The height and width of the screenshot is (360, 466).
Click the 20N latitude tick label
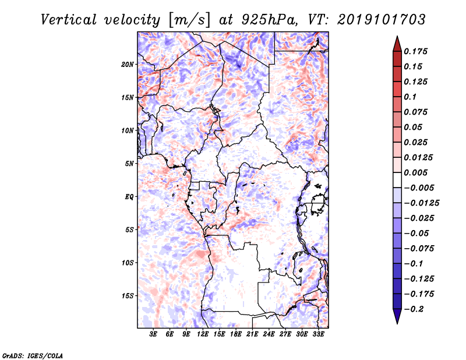tap(128, 65)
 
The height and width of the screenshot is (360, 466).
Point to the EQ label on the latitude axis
tap(129, 197)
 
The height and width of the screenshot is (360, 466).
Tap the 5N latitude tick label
tap(129, 164)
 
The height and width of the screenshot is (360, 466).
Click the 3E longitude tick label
tap(153, 334)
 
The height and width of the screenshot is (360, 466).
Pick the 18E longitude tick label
tap(236, 334)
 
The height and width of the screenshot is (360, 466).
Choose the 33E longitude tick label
tap(318, 334)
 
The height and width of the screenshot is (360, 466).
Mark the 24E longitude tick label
tap(269, 334)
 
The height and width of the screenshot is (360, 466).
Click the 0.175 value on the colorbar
tap(415, 51)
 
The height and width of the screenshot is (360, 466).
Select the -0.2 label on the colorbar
tap(414, 309)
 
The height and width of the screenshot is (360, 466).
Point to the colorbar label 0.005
tap(415, 172)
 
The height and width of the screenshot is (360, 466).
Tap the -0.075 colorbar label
tap(419, 249)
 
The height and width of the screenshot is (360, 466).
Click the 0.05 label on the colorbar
tap(413, 127)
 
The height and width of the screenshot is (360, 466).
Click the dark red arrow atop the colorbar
tap(397, 44)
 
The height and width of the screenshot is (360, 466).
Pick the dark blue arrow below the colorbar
tap(397, 316)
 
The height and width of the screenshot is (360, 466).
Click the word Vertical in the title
tap(69, 20)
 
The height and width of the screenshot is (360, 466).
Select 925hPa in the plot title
tap(270, 20)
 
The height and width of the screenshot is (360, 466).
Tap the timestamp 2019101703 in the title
tap(382, 20)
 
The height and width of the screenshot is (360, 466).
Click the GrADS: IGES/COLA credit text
tap(33, 356)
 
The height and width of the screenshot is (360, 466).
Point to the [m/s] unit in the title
tap(189, 20)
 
